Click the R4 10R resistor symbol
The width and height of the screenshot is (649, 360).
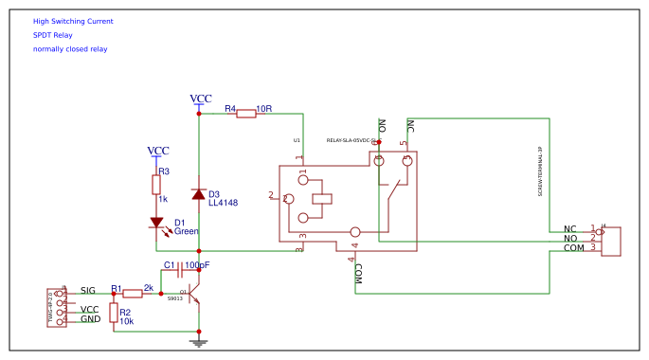(245, 114)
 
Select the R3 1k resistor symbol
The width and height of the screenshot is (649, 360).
(157, 185)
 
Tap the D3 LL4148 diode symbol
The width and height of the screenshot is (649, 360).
(198, 194)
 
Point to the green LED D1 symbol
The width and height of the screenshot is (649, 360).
(157, 224)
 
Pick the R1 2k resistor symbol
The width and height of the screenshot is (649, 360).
(133, 294)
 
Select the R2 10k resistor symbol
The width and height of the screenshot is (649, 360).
(114, 313)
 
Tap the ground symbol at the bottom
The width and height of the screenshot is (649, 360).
(198, 343)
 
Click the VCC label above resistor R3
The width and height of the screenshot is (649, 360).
(158, 151)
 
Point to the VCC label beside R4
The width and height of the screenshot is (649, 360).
(201, 99)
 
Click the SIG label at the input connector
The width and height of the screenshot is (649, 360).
(88, 290)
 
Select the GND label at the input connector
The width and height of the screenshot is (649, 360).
(90, 319)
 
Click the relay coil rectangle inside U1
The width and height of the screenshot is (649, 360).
(323, 199)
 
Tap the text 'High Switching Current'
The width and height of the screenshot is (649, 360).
(73, 21)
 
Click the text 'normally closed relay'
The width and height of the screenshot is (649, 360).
(70, 49)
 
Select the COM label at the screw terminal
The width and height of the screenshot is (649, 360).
(574, 248)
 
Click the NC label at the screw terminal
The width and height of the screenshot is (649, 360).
(570, 228)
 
